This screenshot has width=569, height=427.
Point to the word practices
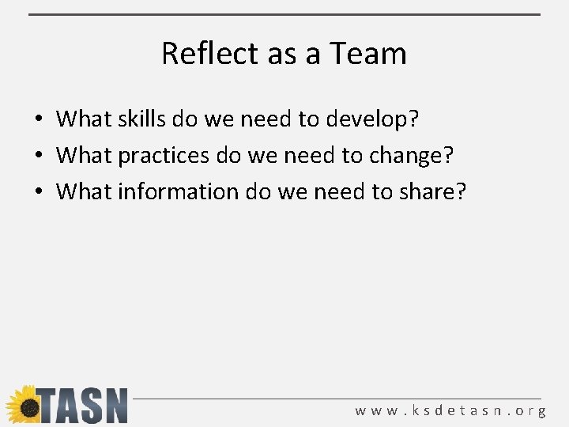tap(165, 156)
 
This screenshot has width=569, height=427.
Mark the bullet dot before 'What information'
tap(38, 192)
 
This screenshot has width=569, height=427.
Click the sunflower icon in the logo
tap(24, 406)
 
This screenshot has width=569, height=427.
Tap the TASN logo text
tap(84, 406)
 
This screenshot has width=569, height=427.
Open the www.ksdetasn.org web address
tap(450, 411)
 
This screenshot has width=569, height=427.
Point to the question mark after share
tap(462, 191)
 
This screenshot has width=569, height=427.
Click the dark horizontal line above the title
tap(284, 14)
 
